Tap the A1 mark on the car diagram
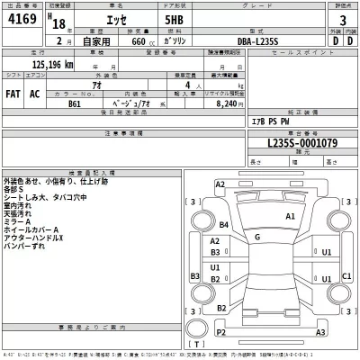click(x=290, y=217)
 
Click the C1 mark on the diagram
click(x=346, y=275)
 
